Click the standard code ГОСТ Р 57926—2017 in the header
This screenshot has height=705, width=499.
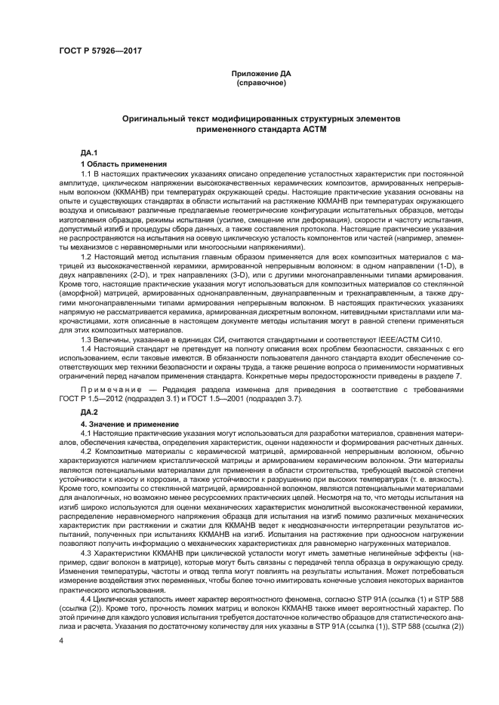[100, 51]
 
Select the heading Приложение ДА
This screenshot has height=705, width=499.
[249, 73]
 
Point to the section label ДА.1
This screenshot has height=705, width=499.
[89, 153]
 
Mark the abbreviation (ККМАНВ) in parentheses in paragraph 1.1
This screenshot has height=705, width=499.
[114, 194]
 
